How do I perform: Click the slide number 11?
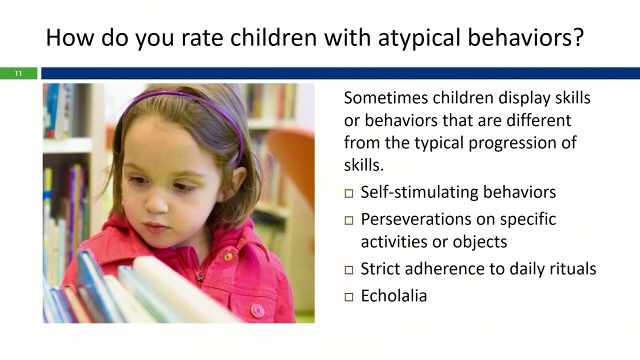click(x=18, y=73)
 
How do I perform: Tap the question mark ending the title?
click(x=578, y=38)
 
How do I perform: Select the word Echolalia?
click(x=393, y=295)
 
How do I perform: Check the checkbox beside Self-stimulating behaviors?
click(x=349, y=193)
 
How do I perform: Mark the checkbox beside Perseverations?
click(x=349, y=220)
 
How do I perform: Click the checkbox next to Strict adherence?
click(x=349, y=270)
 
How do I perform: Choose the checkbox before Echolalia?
click(x=349, y=297)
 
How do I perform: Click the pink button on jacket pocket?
click(x=257, y=310)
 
